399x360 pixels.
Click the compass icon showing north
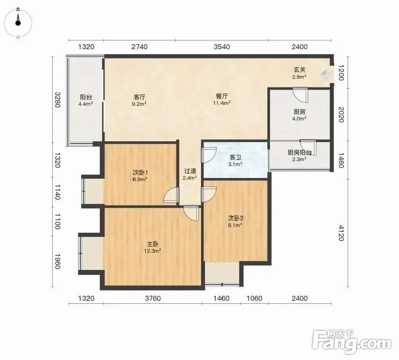(18, 23)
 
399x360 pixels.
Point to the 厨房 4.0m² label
(299, 115)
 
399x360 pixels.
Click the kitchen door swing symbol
(300, 95)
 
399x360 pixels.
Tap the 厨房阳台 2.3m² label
(299, 155)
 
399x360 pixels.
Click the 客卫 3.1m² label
(235, 161)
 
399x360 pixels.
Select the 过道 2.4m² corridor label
(190, 174)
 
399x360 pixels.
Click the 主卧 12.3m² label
(152, 248)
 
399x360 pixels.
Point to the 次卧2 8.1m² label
(235, 222)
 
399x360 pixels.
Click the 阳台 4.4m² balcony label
(86, 100)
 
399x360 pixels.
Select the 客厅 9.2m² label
(139, 100)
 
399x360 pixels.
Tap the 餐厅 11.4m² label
(222, 100)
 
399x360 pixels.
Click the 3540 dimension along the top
(222, 47)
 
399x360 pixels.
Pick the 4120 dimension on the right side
(341, 233)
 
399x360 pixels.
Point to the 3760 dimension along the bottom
(153, 298)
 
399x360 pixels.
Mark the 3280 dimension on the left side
(58, 100)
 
